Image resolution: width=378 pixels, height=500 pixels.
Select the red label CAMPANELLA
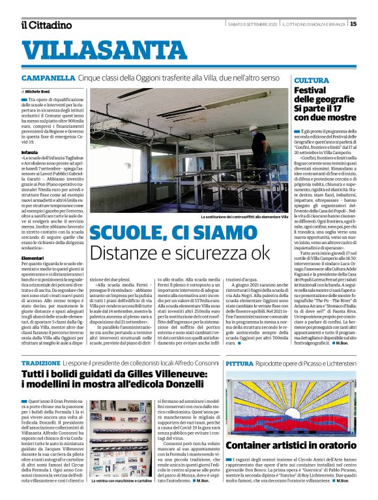48,78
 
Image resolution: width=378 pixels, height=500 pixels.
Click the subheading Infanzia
30,151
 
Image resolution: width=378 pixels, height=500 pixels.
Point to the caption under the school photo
231,217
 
